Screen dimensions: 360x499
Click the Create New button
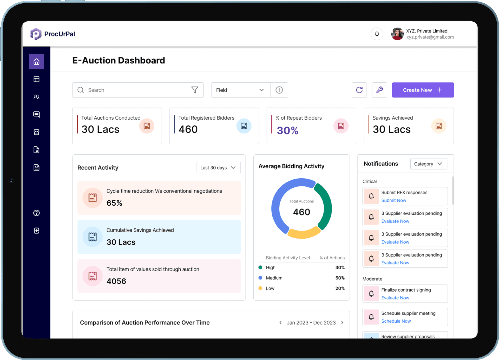pos(423,90)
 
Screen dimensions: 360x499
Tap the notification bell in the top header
pos(377,34)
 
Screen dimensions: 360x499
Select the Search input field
pos(135,90)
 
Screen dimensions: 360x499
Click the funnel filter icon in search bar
pos(195,90)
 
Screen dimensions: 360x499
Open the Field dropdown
pos(240,90)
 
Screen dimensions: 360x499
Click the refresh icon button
pos(359,90)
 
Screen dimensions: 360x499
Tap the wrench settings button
pos(379,90)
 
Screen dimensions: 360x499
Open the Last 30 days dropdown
pos(218,168)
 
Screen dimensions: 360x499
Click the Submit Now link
pos(393,200)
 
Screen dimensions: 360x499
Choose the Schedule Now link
pos(396,321)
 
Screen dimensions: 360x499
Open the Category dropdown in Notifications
pos(428,164)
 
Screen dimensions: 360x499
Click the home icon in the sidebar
pos(36,62)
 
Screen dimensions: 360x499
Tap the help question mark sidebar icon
pos(36,213)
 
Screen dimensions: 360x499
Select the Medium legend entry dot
pos(260,278)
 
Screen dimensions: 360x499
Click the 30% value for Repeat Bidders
pos(287,130)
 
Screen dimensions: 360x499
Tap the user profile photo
pos(397,34)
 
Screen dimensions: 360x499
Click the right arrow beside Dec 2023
pos(342,323)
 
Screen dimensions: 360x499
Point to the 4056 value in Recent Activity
pos(116,281)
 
